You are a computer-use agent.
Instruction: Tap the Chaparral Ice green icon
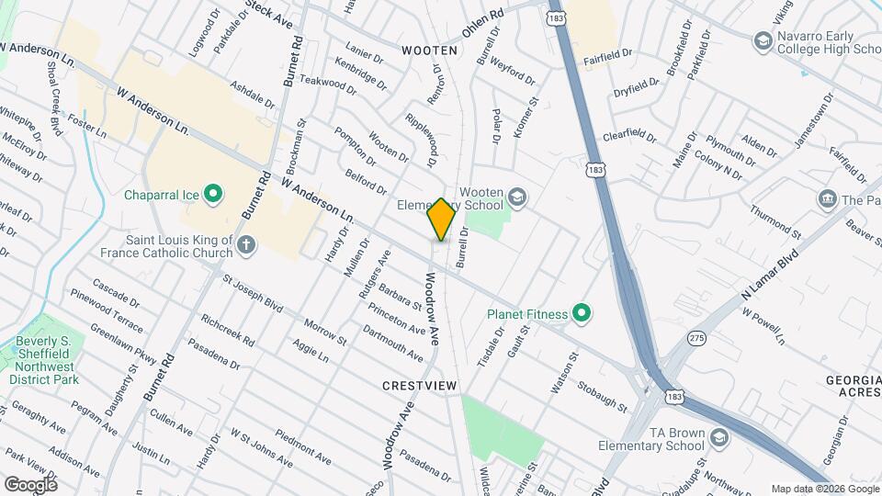213,194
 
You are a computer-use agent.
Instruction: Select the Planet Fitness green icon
581,314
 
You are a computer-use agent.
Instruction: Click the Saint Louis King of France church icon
245,244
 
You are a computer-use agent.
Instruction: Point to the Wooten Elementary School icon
517,197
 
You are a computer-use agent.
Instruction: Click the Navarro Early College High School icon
762,40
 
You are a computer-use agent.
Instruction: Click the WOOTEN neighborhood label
428,50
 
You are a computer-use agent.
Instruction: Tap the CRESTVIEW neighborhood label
419,387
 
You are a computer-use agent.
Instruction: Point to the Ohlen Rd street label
483,24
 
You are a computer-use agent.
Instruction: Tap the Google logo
30,484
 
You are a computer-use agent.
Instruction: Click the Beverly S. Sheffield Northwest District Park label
40,359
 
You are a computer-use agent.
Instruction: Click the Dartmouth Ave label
392,343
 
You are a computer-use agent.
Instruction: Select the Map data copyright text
824,489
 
